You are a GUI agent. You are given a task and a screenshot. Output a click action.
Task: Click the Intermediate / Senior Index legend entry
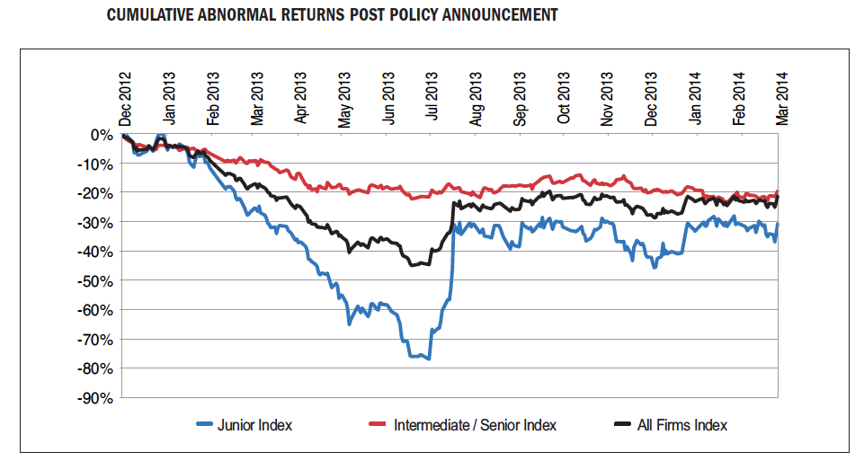point(475,424)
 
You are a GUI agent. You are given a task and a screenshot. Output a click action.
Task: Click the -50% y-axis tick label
point(95,281)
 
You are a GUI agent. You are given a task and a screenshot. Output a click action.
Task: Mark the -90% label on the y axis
point(95,398)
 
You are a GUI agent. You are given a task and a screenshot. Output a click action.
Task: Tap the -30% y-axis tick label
point(95,223)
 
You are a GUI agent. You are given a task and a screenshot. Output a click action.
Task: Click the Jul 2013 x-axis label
point(432,98)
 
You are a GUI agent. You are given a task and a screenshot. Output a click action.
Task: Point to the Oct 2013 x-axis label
point(564,98)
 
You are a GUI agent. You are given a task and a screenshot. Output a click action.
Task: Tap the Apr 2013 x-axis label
point(300,98)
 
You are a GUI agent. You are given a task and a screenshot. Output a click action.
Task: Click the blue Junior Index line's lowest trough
point(429,359)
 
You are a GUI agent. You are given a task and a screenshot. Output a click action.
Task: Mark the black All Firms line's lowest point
point(414,265)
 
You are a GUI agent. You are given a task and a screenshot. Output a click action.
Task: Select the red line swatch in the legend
point(379,424)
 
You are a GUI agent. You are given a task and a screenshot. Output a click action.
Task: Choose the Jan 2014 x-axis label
point(695,98)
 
